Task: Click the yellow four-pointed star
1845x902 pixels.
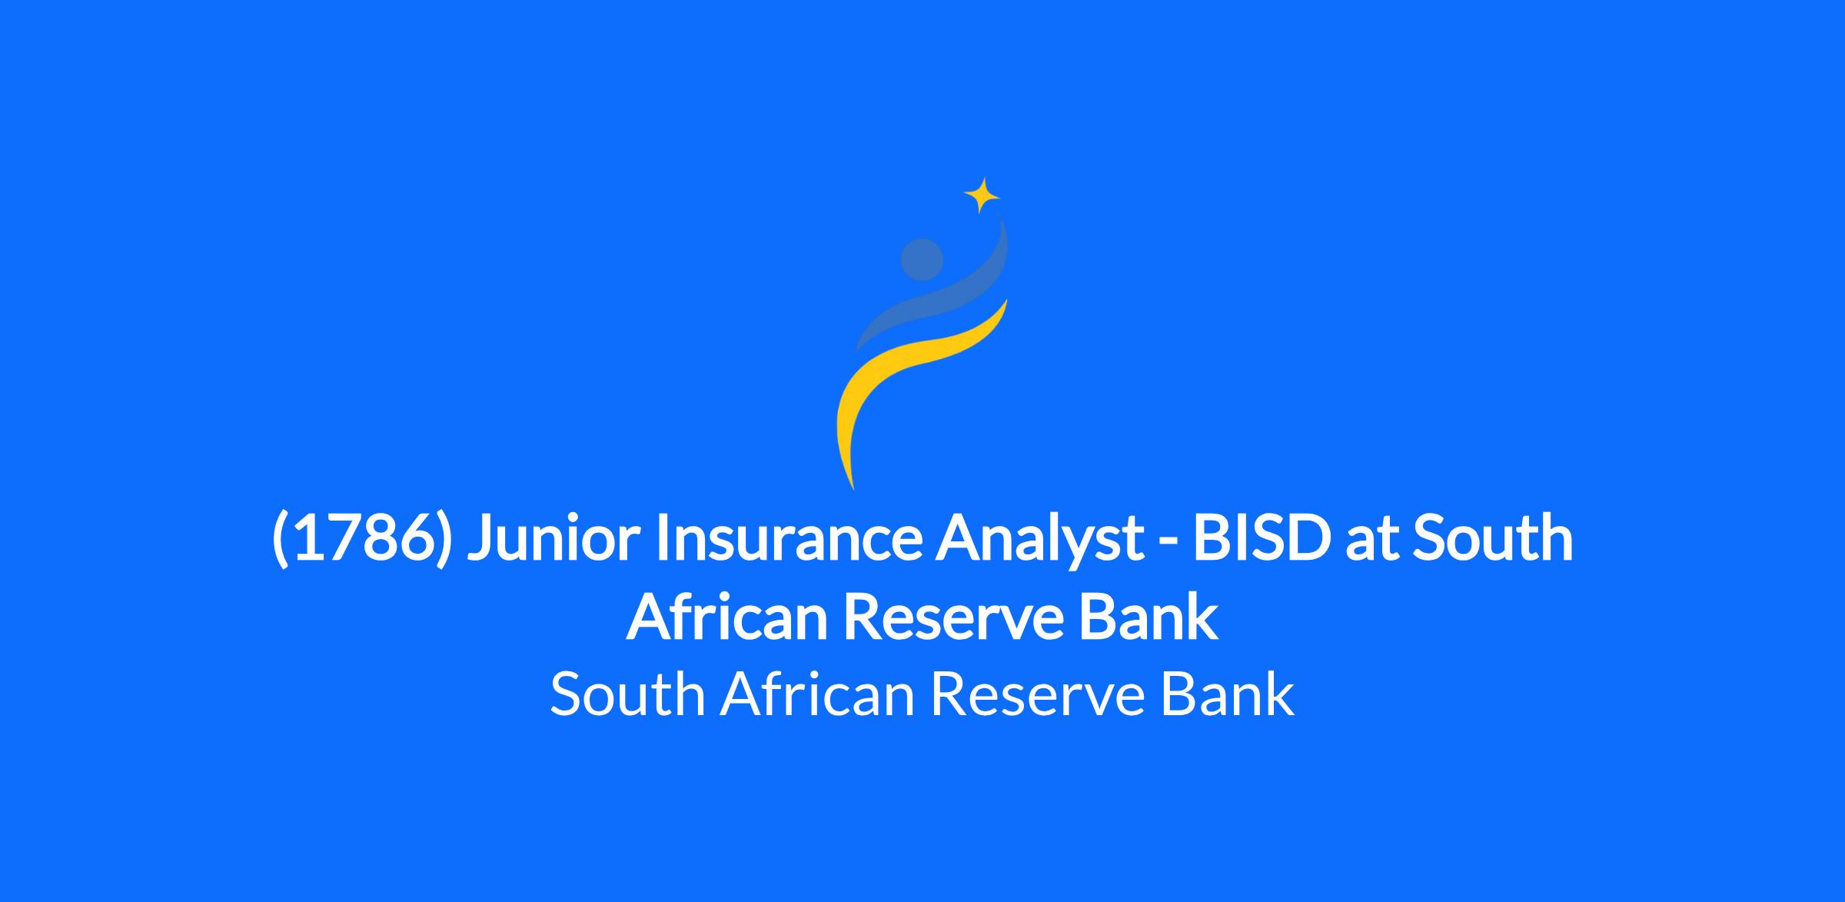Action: point(982,195)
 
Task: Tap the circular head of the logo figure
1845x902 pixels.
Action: point(922,260)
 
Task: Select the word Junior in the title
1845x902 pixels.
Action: point(553,538)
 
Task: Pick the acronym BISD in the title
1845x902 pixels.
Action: point(1260,538)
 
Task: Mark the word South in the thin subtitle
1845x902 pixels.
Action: point(627,694)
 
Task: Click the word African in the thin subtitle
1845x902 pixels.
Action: point(817,694)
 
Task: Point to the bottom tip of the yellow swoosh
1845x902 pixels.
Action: point(853,490)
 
